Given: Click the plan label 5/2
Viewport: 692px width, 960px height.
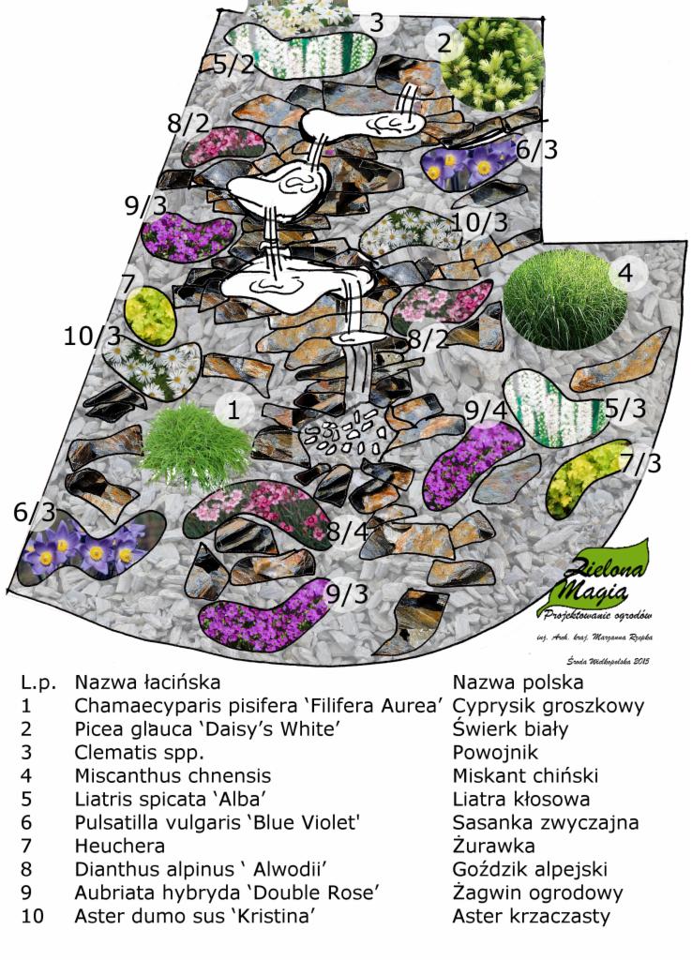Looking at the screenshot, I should tap(233, 65).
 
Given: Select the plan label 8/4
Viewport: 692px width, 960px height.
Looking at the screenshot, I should tap(347, 532).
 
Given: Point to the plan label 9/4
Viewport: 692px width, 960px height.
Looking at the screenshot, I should tap(485, 410).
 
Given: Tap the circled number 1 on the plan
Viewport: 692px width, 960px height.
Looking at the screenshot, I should tap(233, 409).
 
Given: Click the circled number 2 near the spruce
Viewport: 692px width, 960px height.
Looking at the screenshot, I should tap(444, 42).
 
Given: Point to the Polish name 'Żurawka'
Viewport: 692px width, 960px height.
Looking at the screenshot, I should tap(491, 846).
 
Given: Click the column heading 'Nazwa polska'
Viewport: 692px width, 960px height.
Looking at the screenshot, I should tap(518, 682).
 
